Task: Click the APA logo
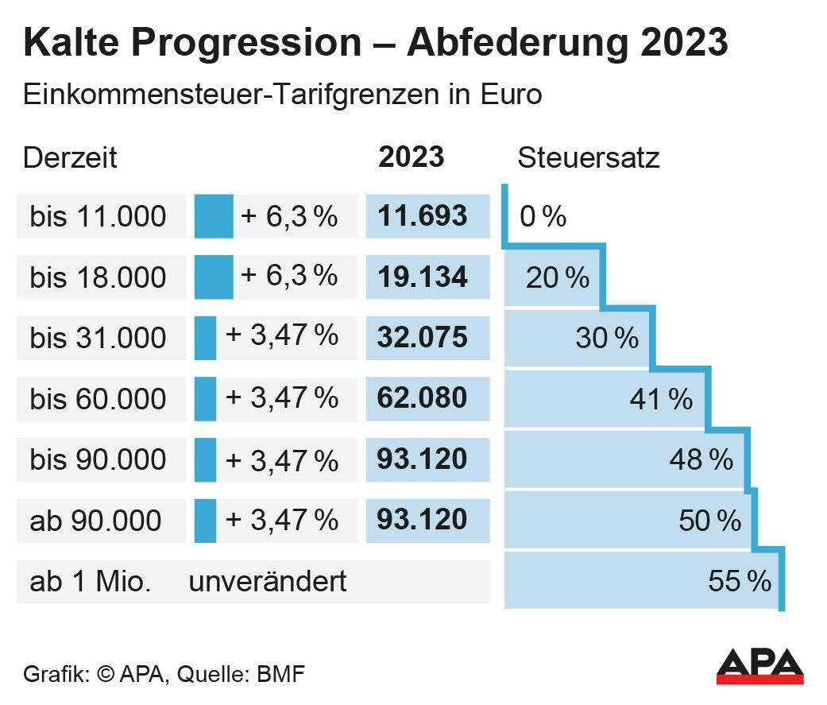(x=760, y=667)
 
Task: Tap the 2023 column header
(x=411, y=157)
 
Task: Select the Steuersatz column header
(x=589, y=157)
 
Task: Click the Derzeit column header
(x=70, y=157)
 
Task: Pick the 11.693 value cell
(x=423, y=216)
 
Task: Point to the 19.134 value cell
(x=423, y=277)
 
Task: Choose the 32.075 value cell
(x=423, y=337)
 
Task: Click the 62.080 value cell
(x=423, y=397)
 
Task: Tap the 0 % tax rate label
(x=543, y=216)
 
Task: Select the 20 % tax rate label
(x=558, y=277)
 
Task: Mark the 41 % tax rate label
(x=661, y=399)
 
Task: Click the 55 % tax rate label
(x=740, y=581)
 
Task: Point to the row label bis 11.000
(x=99, y=216)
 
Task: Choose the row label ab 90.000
(x=95, y=521)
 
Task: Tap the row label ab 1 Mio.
(x=90, y=581)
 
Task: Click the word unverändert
(x=268, y=581)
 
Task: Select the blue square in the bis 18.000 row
(x=214, y=277)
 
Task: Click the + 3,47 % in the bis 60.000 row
(x=283, y=397)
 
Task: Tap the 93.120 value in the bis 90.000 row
(x=423, y=459)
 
